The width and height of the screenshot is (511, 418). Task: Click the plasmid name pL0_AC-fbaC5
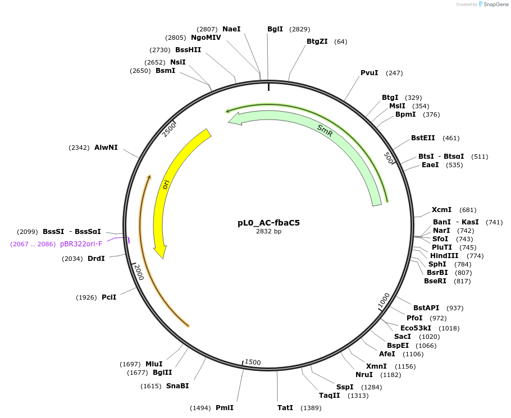coord(268,222)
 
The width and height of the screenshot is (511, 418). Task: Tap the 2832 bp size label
coord(268,231)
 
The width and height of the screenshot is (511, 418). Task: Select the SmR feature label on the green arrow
coord(325,131)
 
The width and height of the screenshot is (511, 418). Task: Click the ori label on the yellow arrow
coord(166,184)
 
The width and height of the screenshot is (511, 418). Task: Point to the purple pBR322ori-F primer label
coord(81,244)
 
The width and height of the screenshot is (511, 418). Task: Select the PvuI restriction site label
coord(369,73)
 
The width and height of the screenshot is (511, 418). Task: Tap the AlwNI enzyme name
coord(106,148)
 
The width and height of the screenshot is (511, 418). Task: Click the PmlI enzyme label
coord(224,408)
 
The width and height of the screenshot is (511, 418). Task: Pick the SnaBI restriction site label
coord(177,386)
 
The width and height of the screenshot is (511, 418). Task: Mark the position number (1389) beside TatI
coord(311,408)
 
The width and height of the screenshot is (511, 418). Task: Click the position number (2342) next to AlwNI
coord(79,148)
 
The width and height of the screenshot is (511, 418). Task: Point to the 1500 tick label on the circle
coord(253,362)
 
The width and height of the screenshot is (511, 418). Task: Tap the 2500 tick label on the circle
coord(169,130)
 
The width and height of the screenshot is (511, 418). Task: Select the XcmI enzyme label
coord(441,210)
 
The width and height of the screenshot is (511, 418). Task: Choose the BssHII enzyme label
coord(188,50)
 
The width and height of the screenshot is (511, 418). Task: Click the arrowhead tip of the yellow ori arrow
coord(163,258)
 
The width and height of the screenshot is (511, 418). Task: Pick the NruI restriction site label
coord(364,375)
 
